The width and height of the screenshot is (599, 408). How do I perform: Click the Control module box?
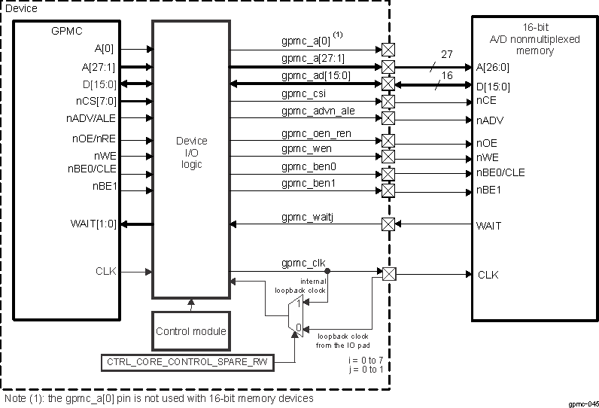pyautogui.click(x=191, y=331)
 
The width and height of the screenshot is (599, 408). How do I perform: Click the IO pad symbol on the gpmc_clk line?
pyautogui.click(x=388, y=273)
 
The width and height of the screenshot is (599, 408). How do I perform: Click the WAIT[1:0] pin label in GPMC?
pyautogui.click(x=95, y=224)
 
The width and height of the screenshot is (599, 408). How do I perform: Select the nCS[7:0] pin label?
pyautogui.click(x=95, y=100)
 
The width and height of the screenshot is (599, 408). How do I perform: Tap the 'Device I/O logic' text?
pyautogui.click(x=191, y=153)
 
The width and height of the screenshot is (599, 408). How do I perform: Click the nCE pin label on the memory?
pyautogui.click(x=485, y=100)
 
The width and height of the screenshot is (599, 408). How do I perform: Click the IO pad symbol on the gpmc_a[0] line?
pyautogui.click(x=388, y=50)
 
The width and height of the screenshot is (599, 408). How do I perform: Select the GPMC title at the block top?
pyautogui.click(x=67, y=32)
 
